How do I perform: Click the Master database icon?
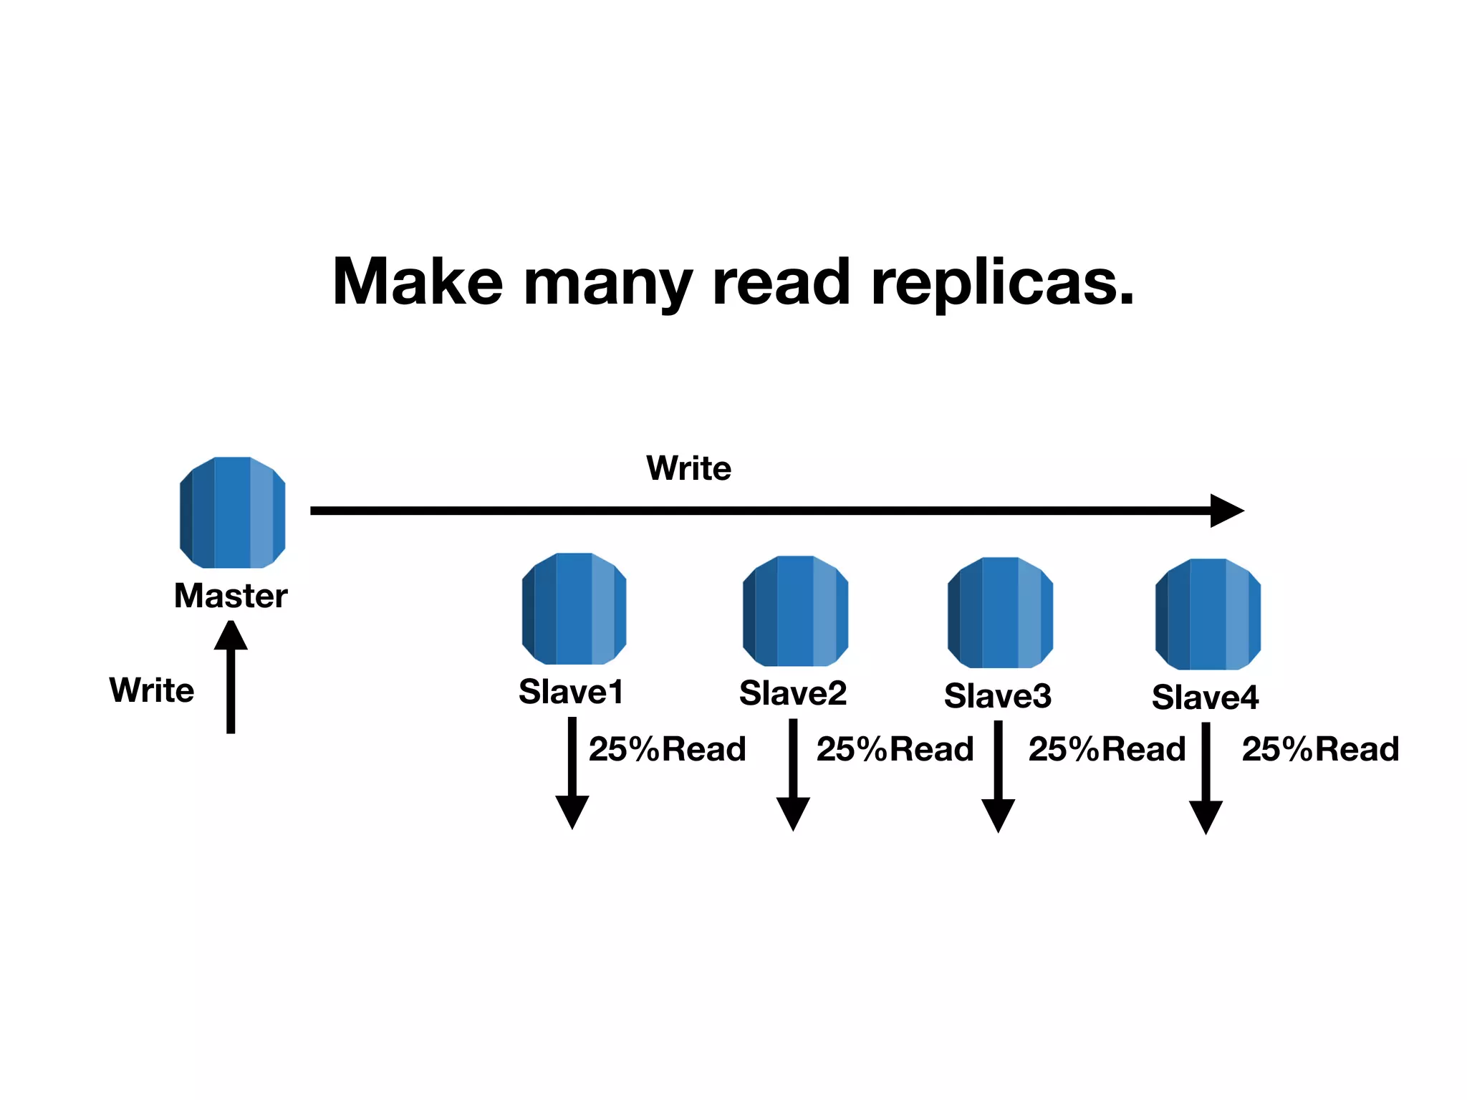pos(232,512)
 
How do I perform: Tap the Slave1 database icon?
pos(574,608)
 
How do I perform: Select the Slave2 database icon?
pos(795,610)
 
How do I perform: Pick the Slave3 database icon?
pos(1000,612)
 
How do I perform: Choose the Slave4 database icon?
pos(1208,614)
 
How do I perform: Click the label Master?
pos(231,596)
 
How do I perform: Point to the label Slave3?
pos(998,696)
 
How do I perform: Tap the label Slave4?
pos(1205,698)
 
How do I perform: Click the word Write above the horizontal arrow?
pos(688,468)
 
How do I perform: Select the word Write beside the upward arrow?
pos(152,690)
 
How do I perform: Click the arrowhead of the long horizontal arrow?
pos(1226,511)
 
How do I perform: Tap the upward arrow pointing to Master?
pos(231,677)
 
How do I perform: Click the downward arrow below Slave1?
pos(572,773)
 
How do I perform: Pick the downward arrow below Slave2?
pos(793,775)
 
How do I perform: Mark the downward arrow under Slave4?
pos(1206,778)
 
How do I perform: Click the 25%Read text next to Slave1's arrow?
pos(667,749)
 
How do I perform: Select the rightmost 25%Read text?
pos(1320,749)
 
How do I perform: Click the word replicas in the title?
pos(1002,283)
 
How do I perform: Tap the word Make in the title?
pos(418,281)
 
